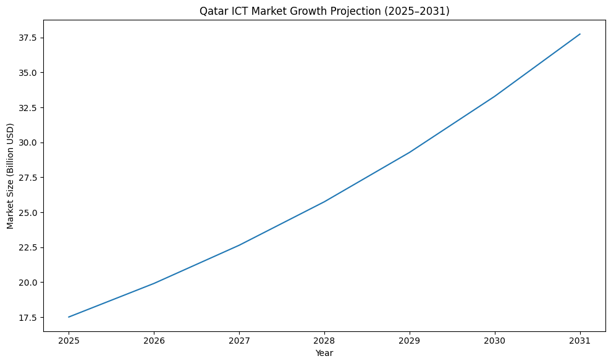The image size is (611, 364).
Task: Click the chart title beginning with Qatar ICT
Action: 324,10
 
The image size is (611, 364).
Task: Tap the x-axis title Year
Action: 324,353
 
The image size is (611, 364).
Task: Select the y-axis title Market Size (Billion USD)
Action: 11,176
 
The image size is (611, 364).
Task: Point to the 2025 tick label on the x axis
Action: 69,341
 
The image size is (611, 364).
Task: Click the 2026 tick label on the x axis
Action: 154,341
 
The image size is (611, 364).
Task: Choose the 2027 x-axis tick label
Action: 239,341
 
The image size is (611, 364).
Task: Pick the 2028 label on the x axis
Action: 324,341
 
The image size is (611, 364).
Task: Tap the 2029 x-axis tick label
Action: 410,341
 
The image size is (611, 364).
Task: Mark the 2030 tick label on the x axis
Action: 495,341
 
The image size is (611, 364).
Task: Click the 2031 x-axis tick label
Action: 580,341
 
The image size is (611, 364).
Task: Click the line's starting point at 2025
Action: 69,317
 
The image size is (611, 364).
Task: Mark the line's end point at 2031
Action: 580,34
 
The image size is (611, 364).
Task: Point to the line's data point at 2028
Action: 324,202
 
